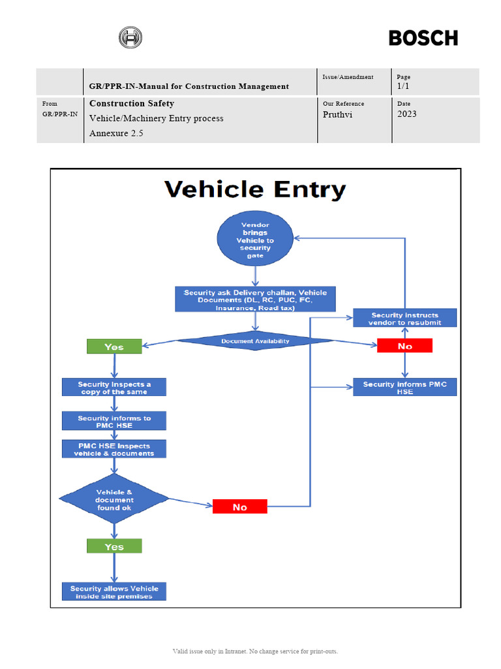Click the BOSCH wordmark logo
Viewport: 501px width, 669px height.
point(423,38)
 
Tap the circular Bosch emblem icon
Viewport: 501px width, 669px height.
point(130,38)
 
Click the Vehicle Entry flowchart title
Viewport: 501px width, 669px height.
point(255,189)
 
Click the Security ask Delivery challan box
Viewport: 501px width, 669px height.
point(255,299)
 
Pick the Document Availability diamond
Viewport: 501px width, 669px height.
point(255,340)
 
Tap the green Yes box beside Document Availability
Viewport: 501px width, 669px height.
point(114,346)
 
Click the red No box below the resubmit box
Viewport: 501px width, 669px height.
point(404,346)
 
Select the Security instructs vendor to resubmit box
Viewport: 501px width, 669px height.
point(404,318)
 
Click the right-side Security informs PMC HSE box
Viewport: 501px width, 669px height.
point(404,387)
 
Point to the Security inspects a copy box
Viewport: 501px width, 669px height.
point(114,387)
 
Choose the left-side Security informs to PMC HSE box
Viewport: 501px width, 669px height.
point(114,421)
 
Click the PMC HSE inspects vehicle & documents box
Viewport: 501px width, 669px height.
point(114,449)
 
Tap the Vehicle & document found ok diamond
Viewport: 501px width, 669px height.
point(114,500)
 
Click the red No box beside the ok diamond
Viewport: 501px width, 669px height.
point(240,506)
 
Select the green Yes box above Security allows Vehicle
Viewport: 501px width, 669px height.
point(114,546)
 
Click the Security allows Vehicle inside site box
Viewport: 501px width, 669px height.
point(114,592)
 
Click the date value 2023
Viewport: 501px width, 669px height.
point(407,114)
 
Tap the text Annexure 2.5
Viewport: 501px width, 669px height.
point(116,133)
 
